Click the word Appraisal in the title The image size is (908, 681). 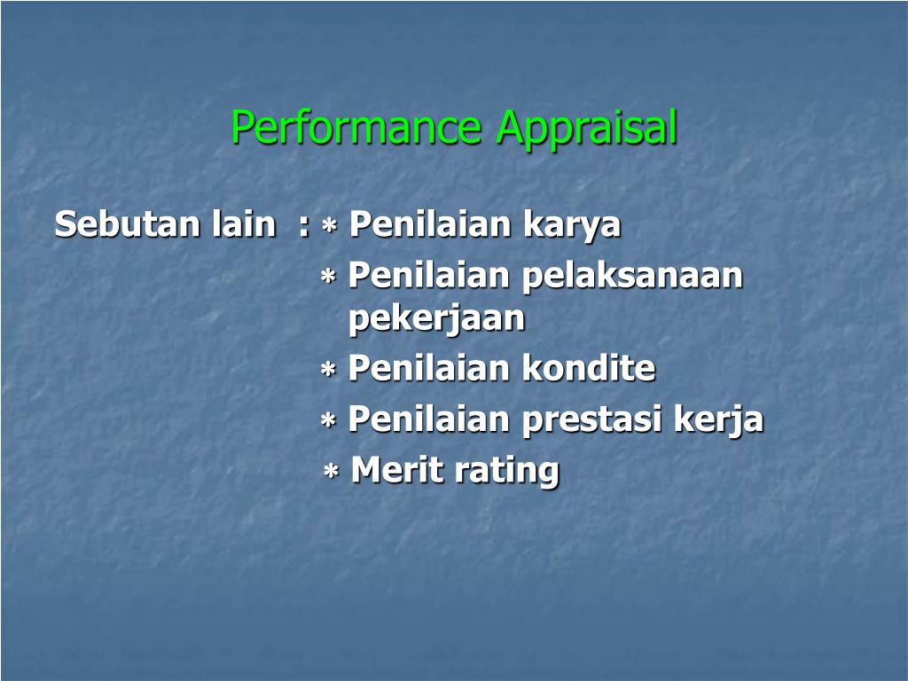[587, 128]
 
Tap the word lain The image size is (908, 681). [243, 224]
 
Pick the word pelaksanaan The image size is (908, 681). [633, 277]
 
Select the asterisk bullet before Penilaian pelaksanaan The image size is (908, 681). [328, 278]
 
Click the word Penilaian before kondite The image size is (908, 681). [429, 368]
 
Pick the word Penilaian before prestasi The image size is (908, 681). [429, 419]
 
